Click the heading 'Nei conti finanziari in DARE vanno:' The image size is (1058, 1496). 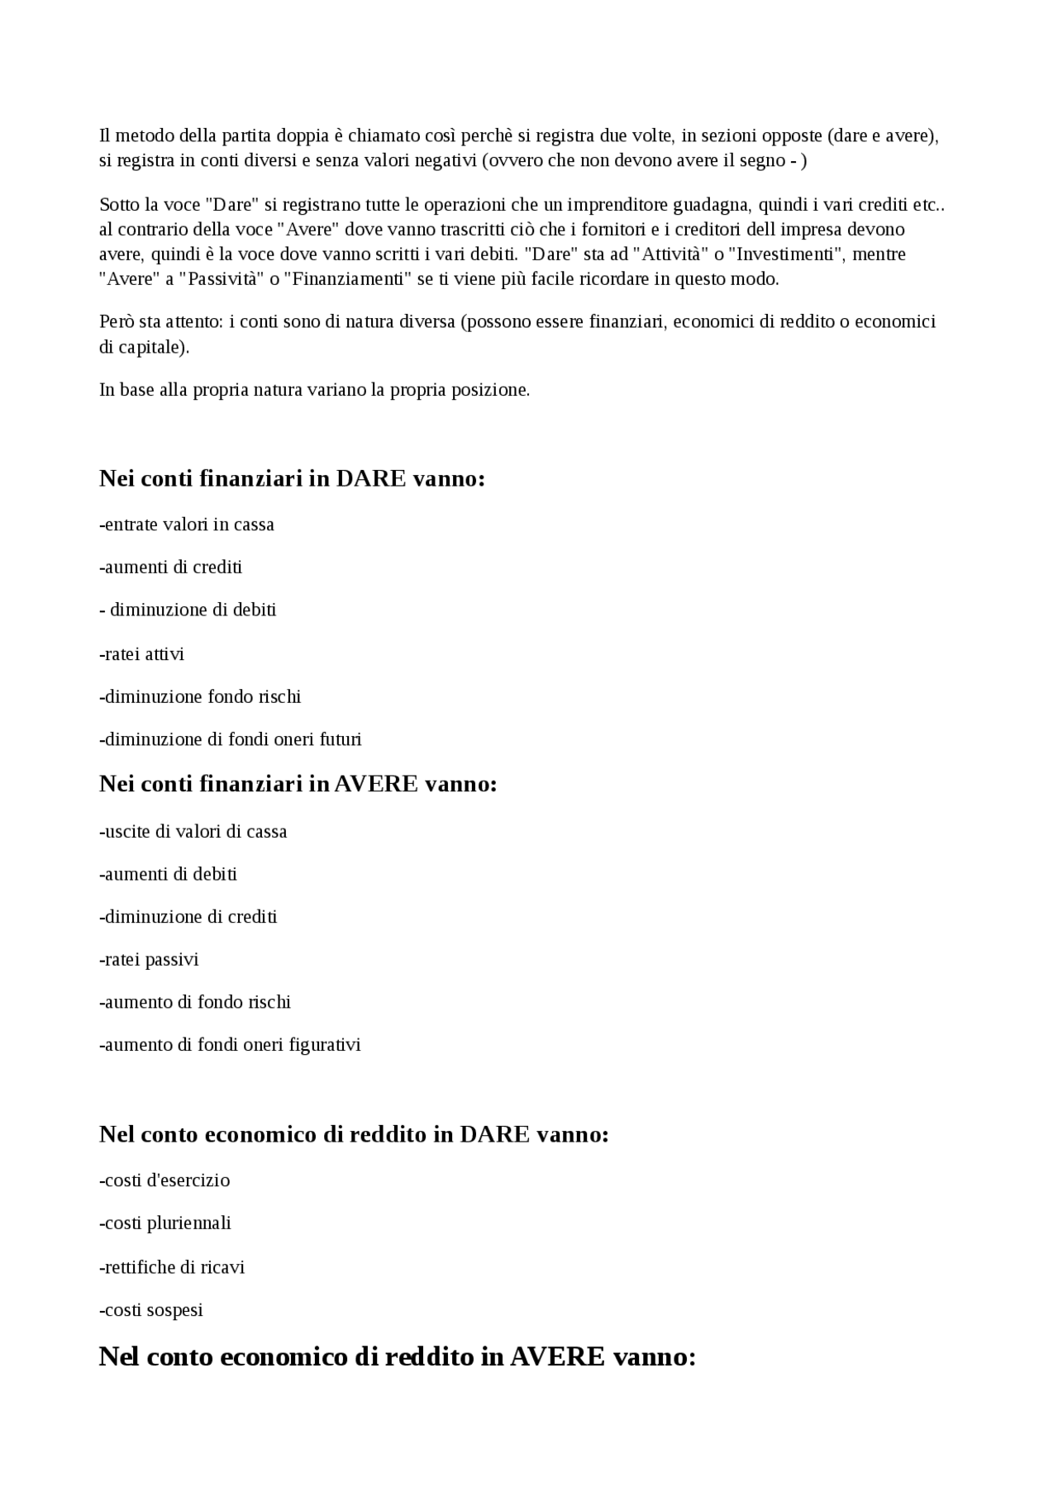coord(292,478)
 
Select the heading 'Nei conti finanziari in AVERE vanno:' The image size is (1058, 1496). coord(298,783)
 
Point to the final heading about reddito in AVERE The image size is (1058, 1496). coord(398,1356)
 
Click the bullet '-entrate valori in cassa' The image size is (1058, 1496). coord(187,525)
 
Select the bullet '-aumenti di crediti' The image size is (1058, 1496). coord(171,567)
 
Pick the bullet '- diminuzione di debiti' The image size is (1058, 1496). coord(188,610)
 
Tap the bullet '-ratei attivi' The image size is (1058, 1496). coord(142,654)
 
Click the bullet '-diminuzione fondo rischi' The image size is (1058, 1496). coord(200,696)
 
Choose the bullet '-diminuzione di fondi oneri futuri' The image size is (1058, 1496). coord(231,739)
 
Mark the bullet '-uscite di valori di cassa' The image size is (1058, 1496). coord(193,831)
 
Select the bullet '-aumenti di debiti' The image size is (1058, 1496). coord(169,874)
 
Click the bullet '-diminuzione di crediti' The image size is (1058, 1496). coord(188,917)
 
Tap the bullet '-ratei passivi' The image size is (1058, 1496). coord(150,960)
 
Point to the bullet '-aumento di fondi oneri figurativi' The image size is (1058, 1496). coord(231,1045)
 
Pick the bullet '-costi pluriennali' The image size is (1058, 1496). coord(165,1223)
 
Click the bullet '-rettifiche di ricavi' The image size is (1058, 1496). coord(172,1267)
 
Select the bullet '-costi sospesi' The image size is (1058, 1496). coord(151,1310)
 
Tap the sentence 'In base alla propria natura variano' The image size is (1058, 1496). coord(314,390)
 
